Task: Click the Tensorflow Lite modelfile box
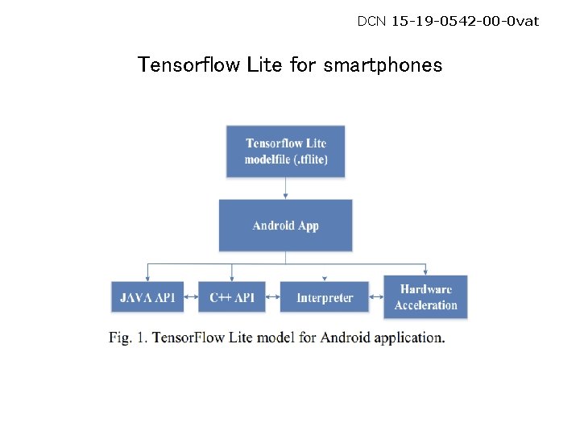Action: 286,151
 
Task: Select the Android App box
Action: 286,226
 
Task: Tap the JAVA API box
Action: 147,297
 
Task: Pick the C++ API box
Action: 232,297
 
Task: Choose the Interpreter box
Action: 325,297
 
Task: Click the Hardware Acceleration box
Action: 425,297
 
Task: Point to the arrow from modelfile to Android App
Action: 286,188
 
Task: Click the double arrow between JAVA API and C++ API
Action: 191,298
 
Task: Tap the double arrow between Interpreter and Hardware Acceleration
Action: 376,298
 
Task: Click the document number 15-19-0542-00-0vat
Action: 465,21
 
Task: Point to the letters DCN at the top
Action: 372,21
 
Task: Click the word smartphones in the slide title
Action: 383,65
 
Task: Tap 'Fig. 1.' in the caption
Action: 128,338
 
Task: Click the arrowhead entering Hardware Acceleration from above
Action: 426,271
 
